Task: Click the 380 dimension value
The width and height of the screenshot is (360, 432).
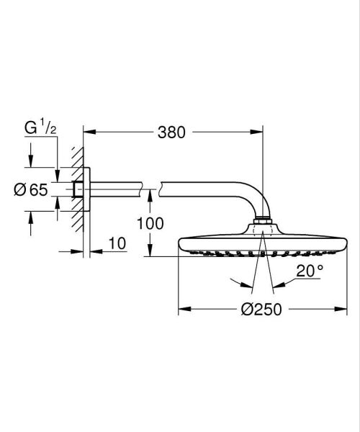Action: [x=171, y=132]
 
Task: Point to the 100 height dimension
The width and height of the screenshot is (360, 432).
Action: [x=150, y=223]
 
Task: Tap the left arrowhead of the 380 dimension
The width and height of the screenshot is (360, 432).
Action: [x=88, y=132]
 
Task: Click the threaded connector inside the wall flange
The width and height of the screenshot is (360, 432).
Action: [x=78, y=189]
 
